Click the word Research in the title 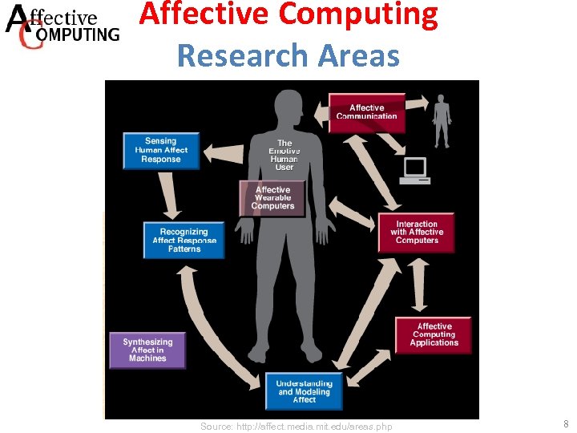[x=243, y=55]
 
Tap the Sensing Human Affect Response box [x=161, y=150]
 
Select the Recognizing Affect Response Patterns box [x=184, y=241]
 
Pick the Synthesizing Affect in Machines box [x=147, y=350]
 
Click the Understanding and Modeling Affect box [x=304, y=391]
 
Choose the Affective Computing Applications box [x=434, y=334]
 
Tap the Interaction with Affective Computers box [x=417, y=233]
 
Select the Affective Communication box [x=367, y=112]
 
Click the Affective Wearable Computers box [x=272, y=198]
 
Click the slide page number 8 [x=565, y=425]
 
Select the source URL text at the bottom [x=297, y=427]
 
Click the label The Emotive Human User [x=284, y=156]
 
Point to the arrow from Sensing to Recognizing [x=170, y=195]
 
